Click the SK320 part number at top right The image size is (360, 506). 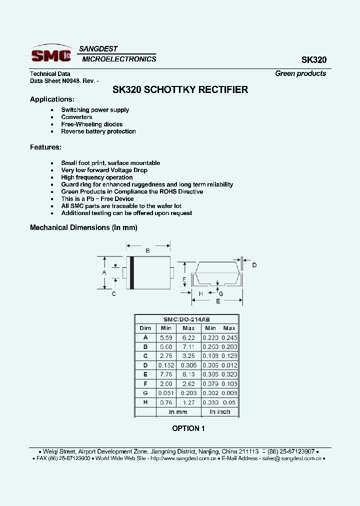(313, 60)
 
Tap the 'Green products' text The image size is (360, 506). (300, 73)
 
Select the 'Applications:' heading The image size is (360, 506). (52, 99)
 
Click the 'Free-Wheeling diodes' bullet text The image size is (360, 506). (91, 124)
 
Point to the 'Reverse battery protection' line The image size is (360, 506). (98, 131)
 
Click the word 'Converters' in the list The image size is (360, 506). (76, 117)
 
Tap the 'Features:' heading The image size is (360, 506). (45, 147)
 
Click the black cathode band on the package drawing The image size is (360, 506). (132, 272)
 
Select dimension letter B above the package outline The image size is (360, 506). (147, 250)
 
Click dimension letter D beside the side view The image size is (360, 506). (254, 265)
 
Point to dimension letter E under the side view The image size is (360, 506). (218, 301)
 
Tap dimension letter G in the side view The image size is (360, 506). (221, 293)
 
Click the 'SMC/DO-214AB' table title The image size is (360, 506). (186, 319)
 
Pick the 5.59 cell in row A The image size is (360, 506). (166, 337)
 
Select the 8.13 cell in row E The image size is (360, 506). (188, 374)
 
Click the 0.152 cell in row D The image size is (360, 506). (166, 365)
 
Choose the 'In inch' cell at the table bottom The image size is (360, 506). (220, 412)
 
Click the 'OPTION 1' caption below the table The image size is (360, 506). (188, 428)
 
